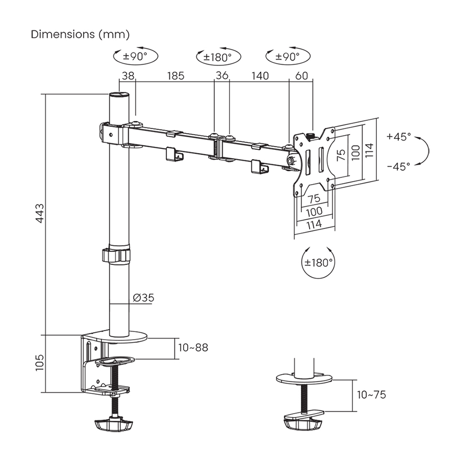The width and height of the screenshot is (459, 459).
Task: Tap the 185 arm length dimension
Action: [x=175, y=76]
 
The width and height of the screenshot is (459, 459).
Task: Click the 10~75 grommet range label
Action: [x=371, y=394]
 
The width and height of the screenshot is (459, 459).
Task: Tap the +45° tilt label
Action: [x=398, y=137]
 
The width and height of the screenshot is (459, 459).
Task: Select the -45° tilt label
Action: [x=398, y=166]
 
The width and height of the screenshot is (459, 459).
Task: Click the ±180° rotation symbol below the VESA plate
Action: [x=319, y=263]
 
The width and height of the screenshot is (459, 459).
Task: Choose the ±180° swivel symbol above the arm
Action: [x=217, y=57]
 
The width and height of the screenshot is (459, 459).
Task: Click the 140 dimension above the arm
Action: [x=260, y=76]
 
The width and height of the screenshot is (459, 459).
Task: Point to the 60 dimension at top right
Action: [x=301, y=76]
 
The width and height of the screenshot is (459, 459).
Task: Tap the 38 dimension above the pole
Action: [x=128, y=76]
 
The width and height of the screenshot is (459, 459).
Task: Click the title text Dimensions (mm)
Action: [x=81, y=34]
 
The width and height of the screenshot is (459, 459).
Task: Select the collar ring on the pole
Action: [x=116, y=255]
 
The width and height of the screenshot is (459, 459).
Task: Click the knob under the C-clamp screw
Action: [x=113, y=424]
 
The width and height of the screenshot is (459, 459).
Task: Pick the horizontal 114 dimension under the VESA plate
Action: [x=314, y=223]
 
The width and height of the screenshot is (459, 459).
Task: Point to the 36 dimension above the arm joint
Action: [x=222, y=76]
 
